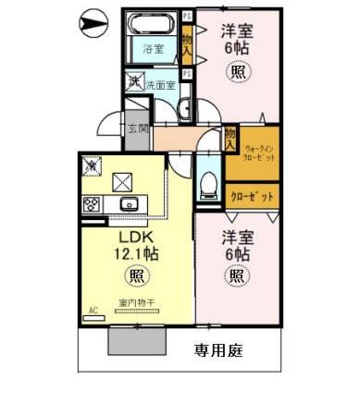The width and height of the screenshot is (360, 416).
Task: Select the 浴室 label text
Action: pyautogui.click(x=153, y=48)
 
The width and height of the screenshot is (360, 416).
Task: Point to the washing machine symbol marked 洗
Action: pyautogui.click(x=134, y=83)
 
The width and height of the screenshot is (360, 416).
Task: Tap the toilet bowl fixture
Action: pyautogui.click(x=205, y=177)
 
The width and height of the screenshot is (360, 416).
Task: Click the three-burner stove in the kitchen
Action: pyautogui.click(x=93, y=204)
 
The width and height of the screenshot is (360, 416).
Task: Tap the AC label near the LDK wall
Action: pyautogui.click(x=93, y=311)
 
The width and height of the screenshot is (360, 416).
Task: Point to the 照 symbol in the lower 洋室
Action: pyautogui.click(x=236, y=275)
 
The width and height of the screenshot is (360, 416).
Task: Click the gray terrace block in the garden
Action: pyautogui.click(x=137, y=341)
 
